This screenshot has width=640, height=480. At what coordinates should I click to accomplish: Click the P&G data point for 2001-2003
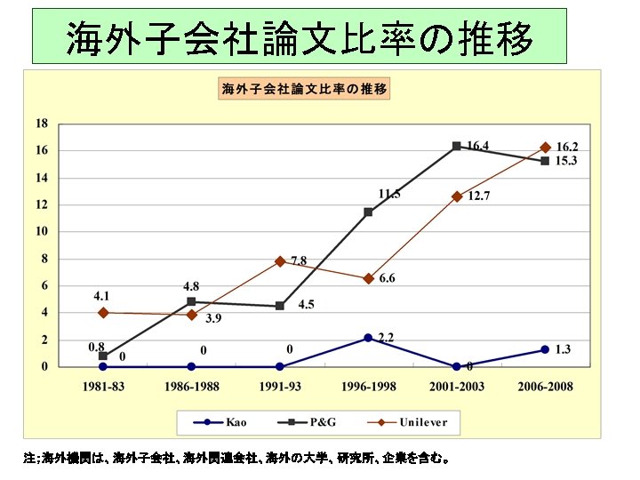[456, 146]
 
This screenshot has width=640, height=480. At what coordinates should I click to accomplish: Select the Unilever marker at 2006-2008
[545, 148]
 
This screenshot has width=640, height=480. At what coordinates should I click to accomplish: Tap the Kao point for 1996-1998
[368, 338]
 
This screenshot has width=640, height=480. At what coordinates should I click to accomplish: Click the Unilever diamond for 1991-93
[280, 261]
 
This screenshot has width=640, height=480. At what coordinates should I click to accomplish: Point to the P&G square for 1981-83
[103, 356]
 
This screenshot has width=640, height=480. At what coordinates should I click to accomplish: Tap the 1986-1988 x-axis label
[191, 387]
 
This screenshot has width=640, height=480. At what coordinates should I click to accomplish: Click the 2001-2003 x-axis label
[456, 387]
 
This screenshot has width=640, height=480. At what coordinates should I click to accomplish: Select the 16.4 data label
[477, 145]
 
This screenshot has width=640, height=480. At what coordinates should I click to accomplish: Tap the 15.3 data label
[566, 161]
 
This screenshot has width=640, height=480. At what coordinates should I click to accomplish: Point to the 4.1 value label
[102, 295]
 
